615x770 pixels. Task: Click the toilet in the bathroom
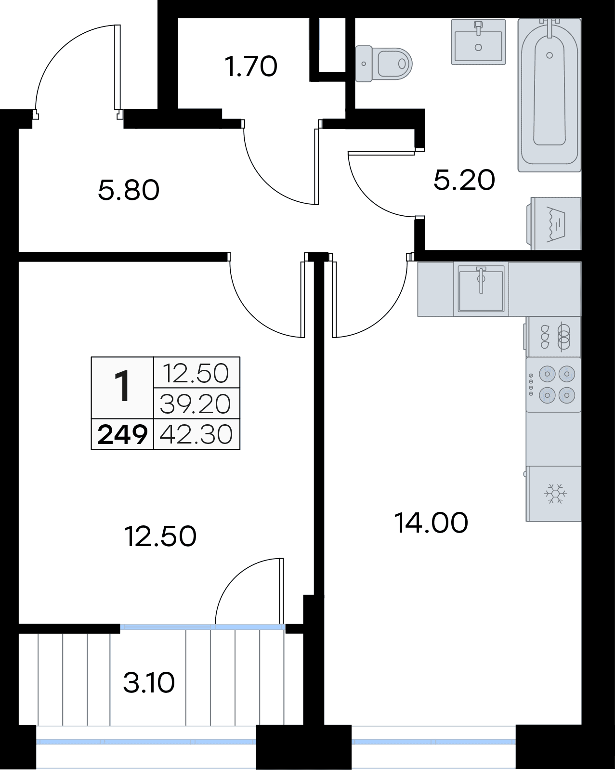point(383,64)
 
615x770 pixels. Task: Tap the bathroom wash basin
point(478,42)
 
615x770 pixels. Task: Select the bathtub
point(550,95)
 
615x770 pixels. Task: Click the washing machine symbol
point(554,223)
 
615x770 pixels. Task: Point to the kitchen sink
point(481,289)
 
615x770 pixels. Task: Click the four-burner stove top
point(553,385)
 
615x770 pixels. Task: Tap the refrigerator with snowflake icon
point(553,494)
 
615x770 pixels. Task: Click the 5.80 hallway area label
point(129,190)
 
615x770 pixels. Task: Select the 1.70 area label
point(251,66)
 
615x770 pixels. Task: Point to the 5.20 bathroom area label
point(464,180)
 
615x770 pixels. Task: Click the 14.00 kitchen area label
point(432,523)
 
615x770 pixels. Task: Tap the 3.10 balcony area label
point(149,683)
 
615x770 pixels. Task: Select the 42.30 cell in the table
point(196,434)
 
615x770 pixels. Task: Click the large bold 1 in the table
point(122,387)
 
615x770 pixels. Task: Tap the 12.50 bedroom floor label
point(160,537)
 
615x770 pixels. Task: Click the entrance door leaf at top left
point(118,67)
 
